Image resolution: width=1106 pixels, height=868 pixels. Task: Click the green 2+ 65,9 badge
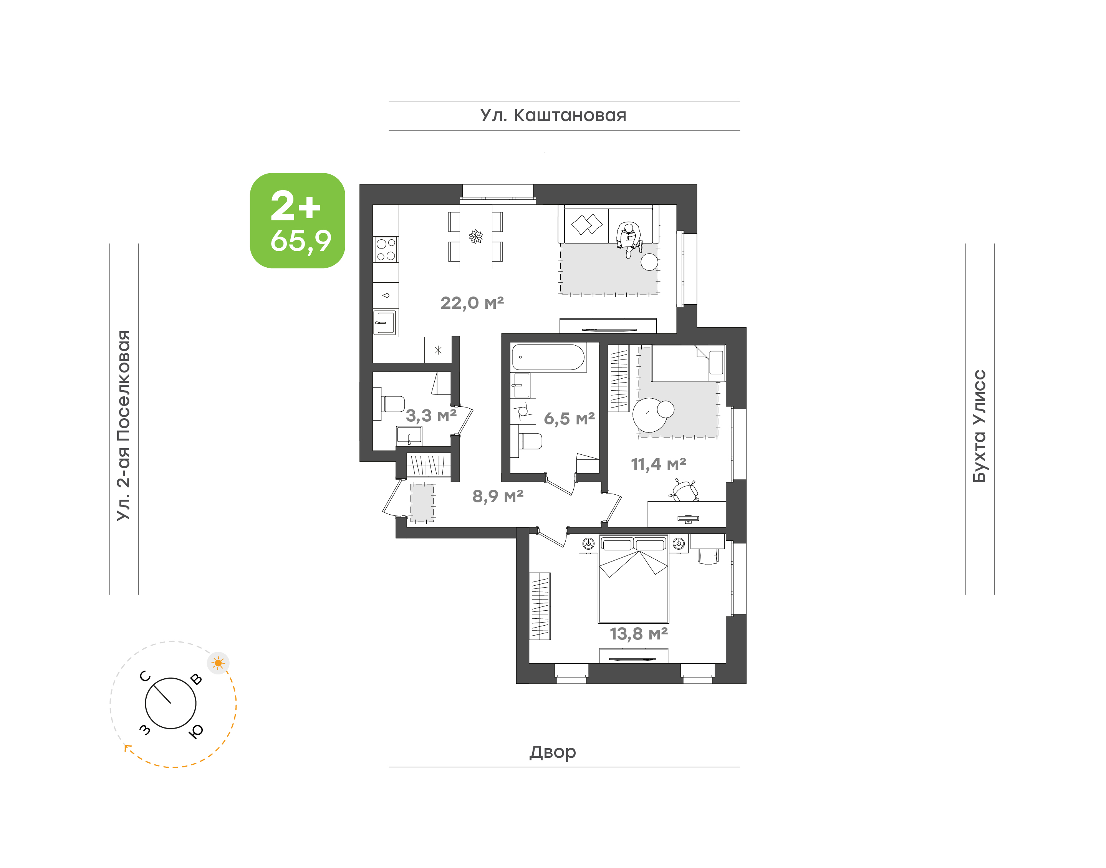[x=297, y=220]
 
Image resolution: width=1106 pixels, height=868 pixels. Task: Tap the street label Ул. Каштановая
[x=553, y=115]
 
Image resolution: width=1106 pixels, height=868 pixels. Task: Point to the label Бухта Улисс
[x=979, y=426]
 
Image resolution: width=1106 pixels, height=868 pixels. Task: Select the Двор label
[x=553, y=752]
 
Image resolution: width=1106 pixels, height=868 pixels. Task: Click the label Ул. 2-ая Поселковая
[x=123, y=426]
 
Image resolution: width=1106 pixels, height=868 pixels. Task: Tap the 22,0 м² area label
[x=472, y=303]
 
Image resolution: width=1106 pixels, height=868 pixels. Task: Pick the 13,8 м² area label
[x=639, y=634]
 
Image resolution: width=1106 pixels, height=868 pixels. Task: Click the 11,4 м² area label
[x=659, y=464]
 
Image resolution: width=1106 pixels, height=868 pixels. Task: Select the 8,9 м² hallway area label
[x=498, y=495]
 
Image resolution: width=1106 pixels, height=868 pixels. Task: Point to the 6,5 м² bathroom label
[x=569, y=418]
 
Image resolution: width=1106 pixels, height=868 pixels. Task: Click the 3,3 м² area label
[x=431, y=415]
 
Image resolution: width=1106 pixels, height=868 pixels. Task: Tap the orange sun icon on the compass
[x=219, y=663]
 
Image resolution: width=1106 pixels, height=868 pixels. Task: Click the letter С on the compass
[x=145, y=676]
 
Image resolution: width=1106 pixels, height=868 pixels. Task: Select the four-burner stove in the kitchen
[x=386, y=250]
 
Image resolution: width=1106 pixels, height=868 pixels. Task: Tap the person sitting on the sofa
[x=629, y=239]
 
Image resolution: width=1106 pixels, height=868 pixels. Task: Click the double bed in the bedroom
[x=634, y=579]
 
